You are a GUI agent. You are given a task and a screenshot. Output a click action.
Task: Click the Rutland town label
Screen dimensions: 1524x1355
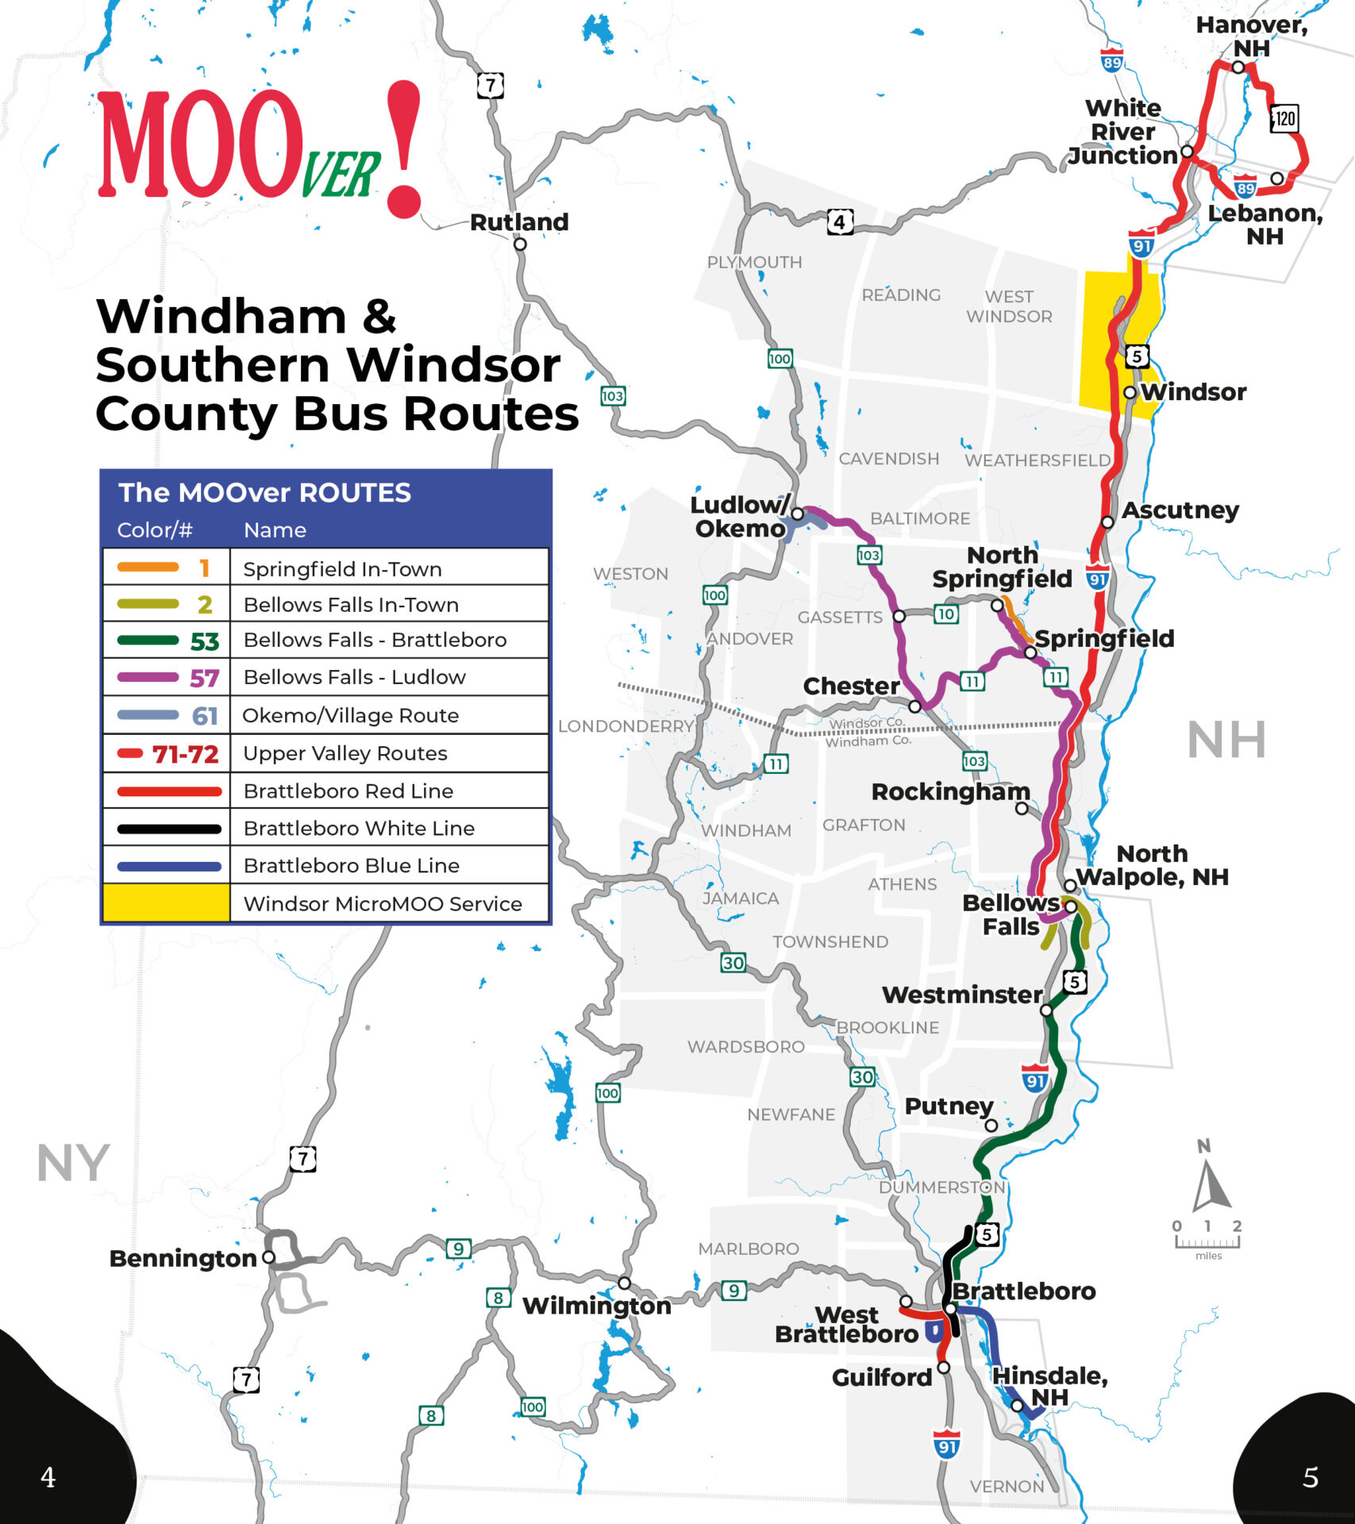tap(519, 222)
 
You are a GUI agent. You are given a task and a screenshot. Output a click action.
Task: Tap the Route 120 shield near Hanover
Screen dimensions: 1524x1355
tap(1284, 119)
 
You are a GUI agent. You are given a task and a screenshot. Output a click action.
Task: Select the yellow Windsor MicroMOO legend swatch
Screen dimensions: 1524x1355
tap(166, 903)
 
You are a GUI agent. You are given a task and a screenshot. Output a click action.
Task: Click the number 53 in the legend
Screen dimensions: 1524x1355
tap(204, 641)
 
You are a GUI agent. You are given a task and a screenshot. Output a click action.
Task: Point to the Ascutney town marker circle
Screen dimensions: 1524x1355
tap(1107, 522)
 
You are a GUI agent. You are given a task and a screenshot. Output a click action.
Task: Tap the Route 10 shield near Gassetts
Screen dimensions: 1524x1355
tap(945, 614)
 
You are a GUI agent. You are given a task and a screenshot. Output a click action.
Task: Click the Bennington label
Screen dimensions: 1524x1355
tap(183, 1258)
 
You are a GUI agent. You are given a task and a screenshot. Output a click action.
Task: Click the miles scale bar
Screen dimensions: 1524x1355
tap(1207, 1242)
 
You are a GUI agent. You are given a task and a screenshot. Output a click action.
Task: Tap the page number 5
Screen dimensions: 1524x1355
tap(1311, 1477)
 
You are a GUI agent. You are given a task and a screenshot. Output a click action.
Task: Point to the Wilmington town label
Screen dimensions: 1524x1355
tap(596, 1306)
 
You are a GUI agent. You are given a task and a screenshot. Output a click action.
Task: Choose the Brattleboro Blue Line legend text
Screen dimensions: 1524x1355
tap(351, 865)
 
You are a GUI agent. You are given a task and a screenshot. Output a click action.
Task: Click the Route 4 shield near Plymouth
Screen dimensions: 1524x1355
tap(840, 222)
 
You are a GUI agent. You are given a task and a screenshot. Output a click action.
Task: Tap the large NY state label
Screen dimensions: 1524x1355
tap(72, 1164)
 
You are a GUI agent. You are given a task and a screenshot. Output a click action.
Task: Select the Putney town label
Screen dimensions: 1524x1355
tap(949, 1106)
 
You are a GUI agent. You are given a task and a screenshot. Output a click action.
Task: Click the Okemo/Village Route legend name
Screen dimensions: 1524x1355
tap(350, 715)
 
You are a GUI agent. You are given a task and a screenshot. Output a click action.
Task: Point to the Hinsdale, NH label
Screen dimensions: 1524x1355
tap(1049, 1386)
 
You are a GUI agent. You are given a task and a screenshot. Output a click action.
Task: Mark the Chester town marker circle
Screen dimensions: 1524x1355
tap(914, 706)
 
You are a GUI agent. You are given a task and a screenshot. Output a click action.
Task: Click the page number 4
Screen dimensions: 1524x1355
tap(48, 1477)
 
